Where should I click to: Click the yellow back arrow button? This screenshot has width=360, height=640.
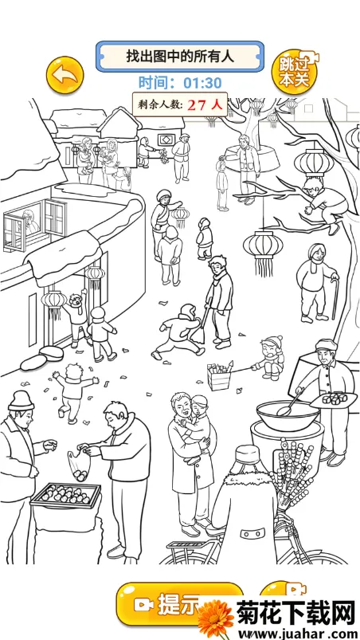[65, 76]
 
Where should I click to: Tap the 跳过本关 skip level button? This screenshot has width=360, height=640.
[295, 73]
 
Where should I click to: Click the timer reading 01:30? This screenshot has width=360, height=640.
[202, 83]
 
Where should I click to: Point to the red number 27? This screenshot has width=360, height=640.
[197, 105]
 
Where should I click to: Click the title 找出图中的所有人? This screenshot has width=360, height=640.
[180, 57]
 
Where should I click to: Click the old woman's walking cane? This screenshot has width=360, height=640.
[335, 299]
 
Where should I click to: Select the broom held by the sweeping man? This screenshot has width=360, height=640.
[200, 328]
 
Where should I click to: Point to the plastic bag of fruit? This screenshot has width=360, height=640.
[79, 465]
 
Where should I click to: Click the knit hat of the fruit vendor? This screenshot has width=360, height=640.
[21, 401]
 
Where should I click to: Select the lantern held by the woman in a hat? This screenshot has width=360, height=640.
[180, 217]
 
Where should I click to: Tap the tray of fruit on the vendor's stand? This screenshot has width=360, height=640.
[66, 495]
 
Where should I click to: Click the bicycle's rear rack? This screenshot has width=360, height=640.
[183, 546]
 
